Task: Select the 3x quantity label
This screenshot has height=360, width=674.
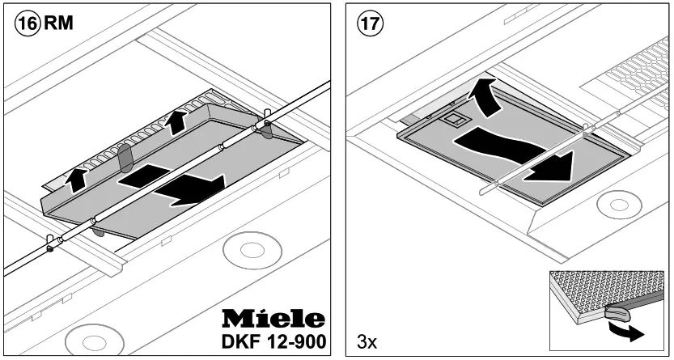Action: [x=367, y=342]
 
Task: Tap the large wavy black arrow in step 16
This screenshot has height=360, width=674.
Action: [x=174, y=183]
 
